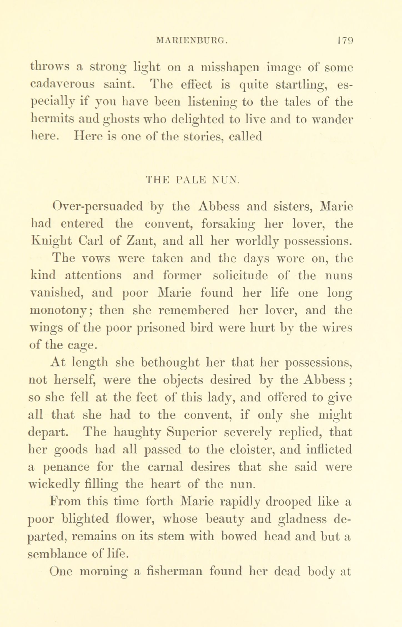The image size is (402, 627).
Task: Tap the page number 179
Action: point(344,41)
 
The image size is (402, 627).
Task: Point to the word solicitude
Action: point(240,276)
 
